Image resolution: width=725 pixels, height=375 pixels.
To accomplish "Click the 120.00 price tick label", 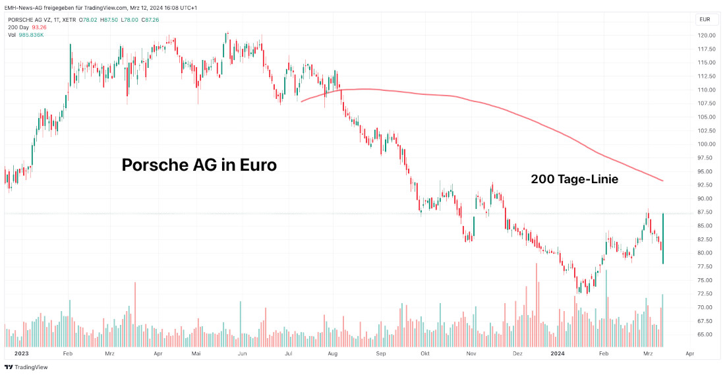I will pyautogui.click(x=707, y=35).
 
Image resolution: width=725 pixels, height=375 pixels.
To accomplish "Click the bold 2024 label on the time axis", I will pyautogui.click(x=558, y=354).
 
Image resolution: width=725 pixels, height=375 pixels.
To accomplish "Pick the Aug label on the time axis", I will pyautogui.click(x=332, y=354).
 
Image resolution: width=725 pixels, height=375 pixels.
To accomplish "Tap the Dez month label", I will pyautogui.click(x=517, y=354).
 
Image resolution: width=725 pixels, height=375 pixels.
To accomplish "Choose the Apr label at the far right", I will pyautogui.click(x=689, y=354).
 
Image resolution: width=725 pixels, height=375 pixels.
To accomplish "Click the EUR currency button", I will pyautogui.click(x=705, y=20).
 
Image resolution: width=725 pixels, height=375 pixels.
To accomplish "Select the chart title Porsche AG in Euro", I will pyautogui.click(x=199, y=165).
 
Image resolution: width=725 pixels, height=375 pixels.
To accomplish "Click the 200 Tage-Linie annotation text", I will pyautogui.click(x=574, y=179).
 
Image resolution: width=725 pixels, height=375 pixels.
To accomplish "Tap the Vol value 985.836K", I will pyautogui.click(x=32, y=34).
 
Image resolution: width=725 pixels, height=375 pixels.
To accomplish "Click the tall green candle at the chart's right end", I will pyautogui.click(x=662, y=239).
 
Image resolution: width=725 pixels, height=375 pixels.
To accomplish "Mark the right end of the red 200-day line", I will pyautogui.click(x=662, y=181).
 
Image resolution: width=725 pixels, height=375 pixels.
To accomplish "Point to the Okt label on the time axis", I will pyautogui.click(x=425, y=354).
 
